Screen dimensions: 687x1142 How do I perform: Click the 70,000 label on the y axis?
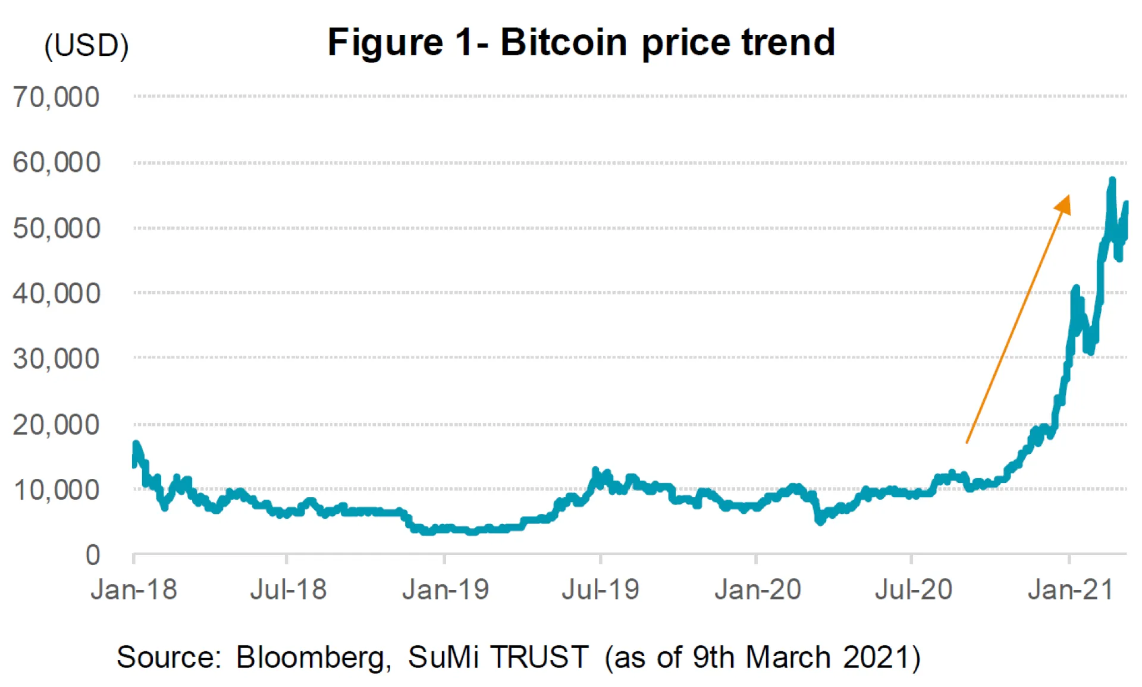pos(57,97)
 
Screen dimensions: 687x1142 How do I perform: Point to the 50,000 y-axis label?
pos(57,228)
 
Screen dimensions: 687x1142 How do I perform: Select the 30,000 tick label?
pos(57,359)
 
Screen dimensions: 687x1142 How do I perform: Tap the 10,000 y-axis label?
pos(57,490)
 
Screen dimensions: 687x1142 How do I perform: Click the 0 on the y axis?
pos(93,555)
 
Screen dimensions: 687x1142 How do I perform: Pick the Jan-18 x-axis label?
pos(134,590)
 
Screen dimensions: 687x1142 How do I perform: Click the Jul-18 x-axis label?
pos(288,590)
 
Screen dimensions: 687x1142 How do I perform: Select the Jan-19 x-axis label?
pos(445,590)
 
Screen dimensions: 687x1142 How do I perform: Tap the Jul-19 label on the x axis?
pos(600,590)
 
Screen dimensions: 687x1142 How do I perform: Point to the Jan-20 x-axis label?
pos(758,590)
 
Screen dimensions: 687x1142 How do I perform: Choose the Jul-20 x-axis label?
pos(914,590)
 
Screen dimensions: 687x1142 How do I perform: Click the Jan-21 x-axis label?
pos(1071,590)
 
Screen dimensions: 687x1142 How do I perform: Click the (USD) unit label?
pos(87,45)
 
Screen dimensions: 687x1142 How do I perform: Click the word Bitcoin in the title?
pos(563,43)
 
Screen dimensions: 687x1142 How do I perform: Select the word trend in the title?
pos(788,43)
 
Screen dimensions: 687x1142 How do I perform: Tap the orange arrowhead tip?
pos(1068,196)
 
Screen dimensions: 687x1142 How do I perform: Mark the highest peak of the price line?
pos(1112,180)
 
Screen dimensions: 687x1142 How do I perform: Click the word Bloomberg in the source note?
pos(313,658)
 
